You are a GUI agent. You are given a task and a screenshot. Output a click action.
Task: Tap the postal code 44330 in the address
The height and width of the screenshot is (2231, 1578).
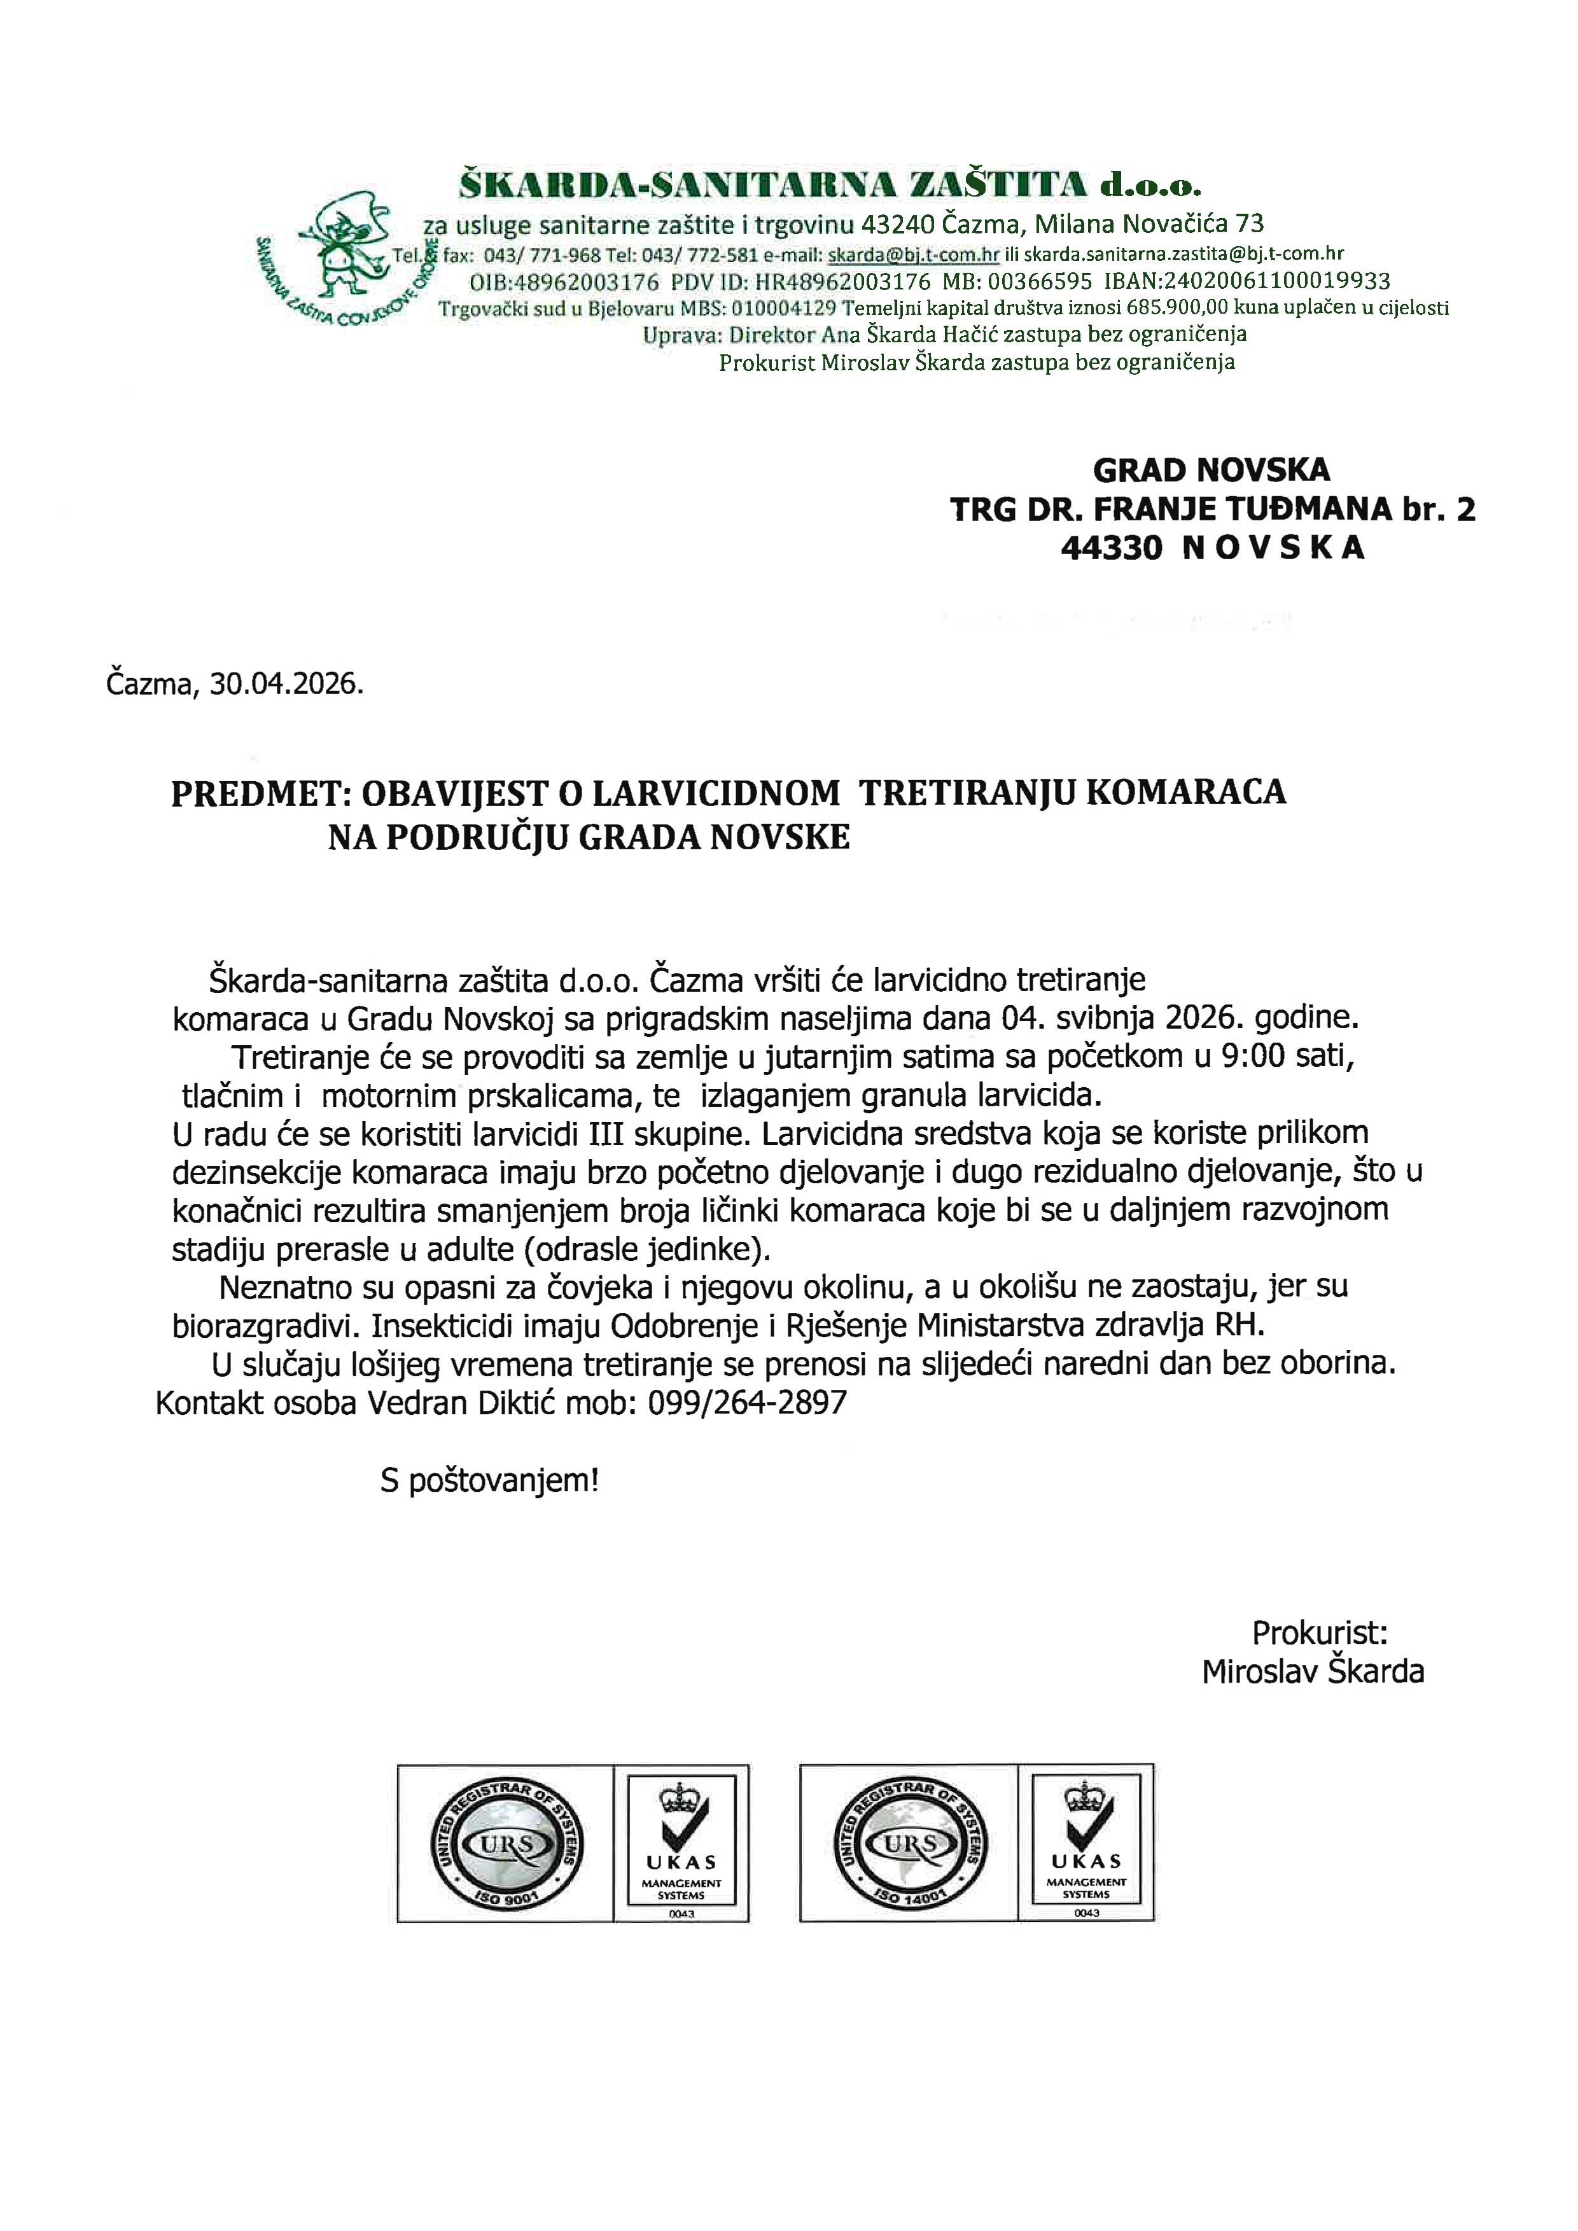pos(1110,548)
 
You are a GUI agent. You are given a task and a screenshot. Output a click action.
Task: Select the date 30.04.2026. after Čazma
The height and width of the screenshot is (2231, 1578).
pos(286,684)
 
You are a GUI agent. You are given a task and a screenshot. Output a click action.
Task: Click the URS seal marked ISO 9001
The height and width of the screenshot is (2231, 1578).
pos(507,1844)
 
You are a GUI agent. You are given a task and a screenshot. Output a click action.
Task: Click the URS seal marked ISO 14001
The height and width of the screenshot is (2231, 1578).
pos(911,1844)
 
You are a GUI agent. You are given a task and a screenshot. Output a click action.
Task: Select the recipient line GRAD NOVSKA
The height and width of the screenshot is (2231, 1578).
pos(1211,470)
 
